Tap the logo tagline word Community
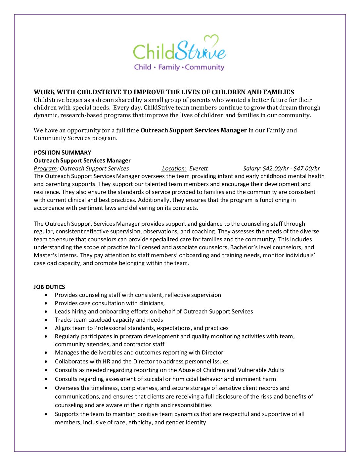tap(204, 67)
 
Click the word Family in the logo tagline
tap(169, 67)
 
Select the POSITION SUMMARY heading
tap(62, 153)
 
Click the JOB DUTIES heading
tap(49, 287)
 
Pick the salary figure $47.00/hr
tap(306, 168)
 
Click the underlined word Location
tap(174, 168)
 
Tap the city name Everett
tap(199, 168)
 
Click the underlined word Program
tap(45, 168)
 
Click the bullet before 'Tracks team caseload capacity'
tap(46, 320)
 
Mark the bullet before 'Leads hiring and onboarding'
tap(46, 311)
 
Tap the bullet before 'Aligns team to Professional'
tap(46, 328)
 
